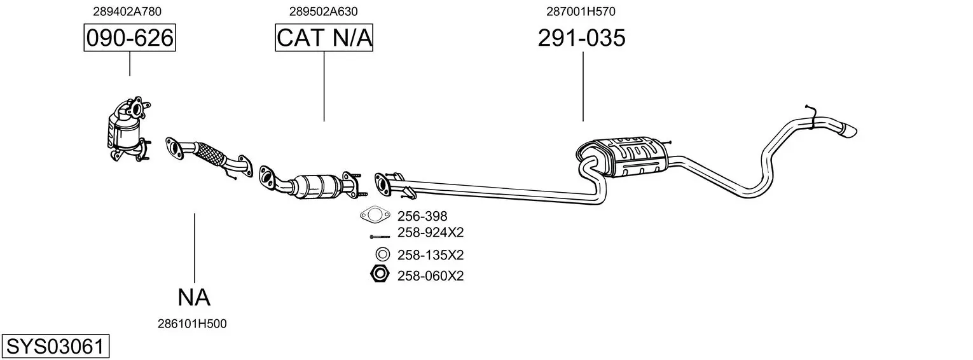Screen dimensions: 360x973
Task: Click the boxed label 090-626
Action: (x=130, y=38)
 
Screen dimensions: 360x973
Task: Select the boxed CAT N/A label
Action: (x=324, y=38)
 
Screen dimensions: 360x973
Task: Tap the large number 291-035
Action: (x=581, y=38)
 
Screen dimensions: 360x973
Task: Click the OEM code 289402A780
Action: (x=127, y=11)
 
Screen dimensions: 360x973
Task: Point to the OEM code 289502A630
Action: (x=323, y=11)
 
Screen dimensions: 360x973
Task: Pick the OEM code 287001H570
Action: (x=581, y=11)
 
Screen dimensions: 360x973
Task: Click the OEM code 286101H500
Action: (x=192, y=324)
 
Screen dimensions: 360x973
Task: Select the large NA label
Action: (x=194, y=297)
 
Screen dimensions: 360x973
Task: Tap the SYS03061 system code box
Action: (x=55, y=347)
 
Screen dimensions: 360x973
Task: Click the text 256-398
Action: (x=422, y=216)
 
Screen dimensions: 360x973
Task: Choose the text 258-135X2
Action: (x=431, y=255)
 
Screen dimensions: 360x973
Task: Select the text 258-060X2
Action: (x=431, y=276)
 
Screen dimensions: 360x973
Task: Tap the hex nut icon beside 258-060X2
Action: (x=380, y=275)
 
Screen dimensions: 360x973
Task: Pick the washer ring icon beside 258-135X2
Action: (x=382, y=254)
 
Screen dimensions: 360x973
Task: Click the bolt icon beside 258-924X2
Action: (x=380, y=237)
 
